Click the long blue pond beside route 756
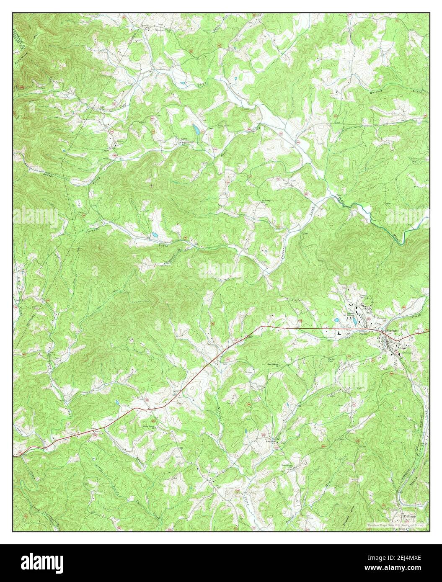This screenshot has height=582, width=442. tap(196, 130)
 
